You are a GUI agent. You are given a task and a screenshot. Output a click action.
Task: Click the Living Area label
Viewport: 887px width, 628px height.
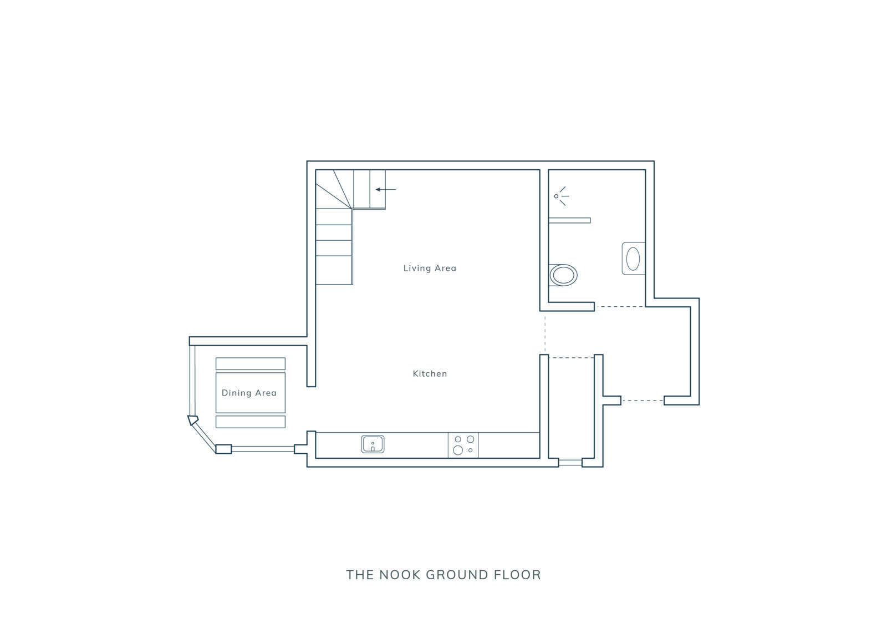point(430,269)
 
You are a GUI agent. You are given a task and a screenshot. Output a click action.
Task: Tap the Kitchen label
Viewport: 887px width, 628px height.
point(430,373)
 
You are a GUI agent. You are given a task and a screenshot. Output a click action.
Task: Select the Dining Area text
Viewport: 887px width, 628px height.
point(249,393)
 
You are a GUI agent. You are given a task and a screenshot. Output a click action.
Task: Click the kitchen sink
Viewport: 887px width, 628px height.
point(373,444)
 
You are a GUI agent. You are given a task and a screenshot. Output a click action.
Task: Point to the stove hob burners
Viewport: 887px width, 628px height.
point(463,445)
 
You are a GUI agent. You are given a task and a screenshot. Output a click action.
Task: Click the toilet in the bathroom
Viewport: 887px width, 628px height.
point(563,275)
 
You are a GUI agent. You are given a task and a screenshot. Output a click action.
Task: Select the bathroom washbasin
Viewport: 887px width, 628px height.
point(633,259)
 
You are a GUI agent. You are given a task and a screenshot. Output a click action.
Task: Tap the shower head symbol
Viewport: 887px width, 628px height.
point(561,196)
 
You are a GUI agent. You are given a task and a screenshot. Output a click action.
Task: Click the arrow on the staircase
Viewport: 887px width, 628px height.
point(386,189)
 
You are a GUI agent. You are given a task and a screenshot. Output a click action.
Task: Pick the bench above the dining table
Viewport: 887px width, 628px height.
point(250,364)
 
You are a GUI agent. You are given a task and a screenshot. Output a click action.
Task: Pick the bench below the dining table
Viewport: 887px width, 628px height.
point(250,422)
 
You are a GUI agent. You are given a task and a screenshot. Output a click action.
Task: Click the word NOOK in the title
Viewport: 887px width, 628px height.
point(400,575)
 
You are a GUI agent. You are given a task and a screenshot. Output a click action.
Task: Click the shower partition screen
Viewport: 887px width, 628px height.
point(570,220)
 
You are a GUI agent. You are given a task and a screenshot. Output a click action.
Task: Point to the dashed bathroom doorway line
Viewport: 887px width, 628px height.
point(620,307)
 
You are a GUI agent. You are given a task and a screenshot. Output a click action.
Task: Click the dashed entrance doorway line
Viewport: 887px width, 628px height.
point(643,401)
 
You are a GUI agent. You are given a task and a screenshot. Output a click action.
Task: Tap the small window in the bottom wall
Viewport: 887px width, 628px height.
point(570,462)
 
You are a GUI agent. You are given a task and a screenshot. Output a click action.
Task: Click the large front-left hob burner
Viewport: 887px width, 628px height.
point(458,450)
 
